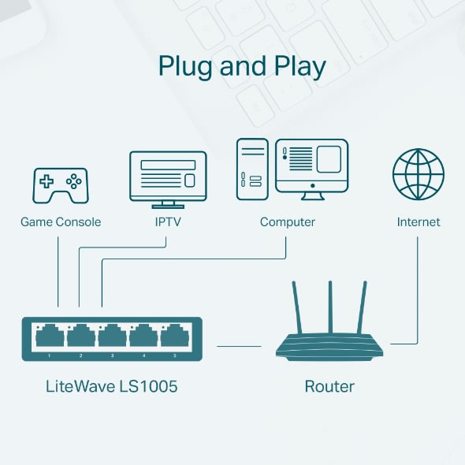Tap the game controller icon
tap(61, 185)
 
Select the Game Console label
tap(61, 222)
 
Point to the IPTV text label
tap(168, 222)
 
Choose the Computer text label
tap(288, 222)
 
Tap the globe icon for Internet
tap(418, 174)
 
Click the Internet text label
tap(418, 222)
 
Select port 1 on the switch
tap(50, 337)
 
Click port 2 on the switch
tap(81, 337)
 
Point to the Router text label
tap(329, 386)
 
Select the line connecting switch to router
tap(239, 345)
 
